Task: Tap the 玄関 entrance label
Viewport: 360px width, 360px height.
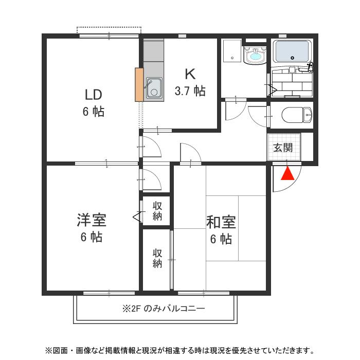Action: click(282, 148)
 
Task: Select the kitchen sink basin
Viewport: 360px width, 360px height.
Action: click(154, 87)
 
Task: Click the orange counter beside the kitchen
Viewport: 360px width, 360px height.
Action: click(139, 84)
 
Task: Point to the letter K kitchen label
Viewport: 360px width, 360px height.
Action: click(190, 74)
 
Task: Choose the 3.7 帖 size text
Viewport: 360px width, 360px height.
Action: click(190, 91)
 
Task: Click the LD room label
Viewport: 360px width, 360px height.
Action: click(94, 95)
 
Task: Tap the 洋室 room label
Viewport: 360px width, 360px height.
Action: click(91, 221)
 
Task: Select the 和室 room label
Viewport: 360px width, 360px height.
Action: click(221, 222)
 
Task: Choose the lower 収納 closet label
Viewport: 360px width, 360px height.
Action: click(157, 259)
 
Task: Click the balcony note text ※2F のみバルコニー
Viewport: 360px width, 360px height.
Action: click(164, 309)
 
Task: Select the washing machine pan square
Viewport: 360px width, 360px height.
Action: click(232, 51)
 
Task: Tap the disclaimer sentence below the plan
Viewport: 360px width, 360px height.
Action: click(179, 351)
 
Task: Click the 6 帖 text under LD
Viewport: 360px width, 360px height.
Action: click(94, 111)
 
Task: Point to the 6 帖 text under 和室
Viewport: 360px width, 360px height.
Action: click(221, 239)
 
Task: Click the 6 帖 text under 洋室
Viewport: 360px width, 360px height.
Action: click(91, 237)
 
